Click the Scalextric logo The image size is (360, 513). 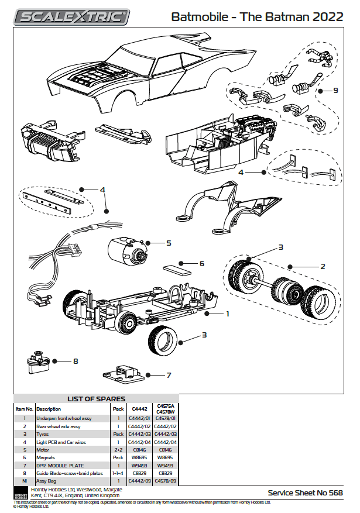coord(72,17)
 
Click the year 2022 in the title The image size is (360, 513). coord(328,17)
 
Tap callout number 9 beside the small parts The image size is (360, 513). coord(336,91)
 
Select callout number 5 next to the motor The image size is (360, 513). coord(169,243)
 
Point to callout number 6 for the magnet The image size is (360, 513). coord(202,264)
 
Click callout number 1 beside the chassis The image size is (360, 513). coord(227,314)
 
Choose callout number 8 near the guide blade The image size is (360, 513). coord(75,361)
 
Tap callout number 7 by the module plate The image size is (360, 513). coord(169,375)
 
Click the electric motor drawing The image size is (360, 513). coord(125,252)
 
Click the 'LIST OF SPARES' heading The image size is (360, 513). coord(96,399)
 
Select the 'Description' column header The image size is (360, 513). coord(48,409)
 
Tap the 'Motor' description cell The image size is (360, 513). coord(43,449)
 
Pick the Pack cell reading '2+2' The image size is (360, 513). coord(118,449)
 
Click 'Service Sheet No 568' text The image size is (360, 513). coord(305,493)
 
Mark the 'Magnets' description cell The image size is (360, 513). coord(46,457)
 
